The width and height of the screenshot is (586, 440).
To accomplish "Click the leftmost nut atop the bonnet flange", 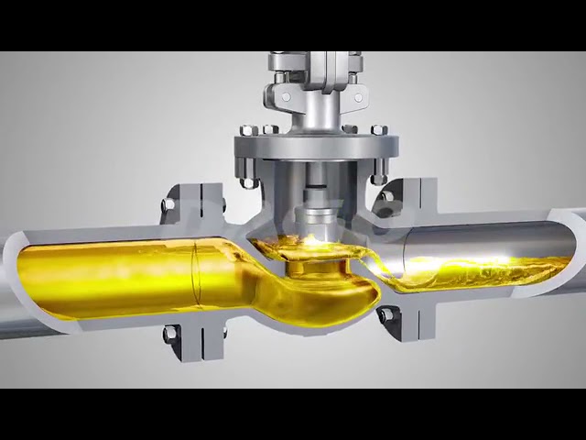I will [244, 130].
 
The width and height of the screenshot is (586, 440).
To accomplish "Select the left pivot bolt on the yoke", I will [285, 96].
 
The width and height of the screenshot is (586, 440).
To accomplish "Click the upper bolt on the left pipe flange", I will [169, 203].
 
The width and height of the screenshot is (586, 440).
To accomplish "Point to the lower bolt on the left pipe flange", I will [169, 335].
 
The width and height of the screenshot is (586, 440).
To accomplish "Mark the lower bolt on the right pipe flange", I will [386, 315].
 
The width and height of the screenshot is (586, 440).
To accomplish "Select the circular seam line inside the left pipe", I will [195, 271].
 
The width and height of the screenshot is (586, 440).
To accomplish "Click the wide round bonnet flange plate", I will [316, 147].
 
